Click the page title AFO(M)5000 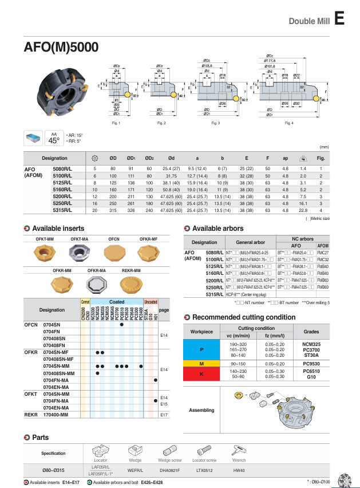(x=61, y=47)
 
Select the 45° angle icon (x=54, y=138)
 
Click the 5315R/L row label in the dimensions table (x=62, y=210)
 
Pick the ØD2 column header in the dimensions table (x=149, y=158)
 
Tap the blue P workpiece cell (x=201, y=349)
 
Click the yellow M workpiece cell (x=201, y=363)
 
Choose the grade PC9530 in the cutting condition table (x=311, y=363)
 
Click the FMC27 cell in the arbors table (x=322, y=252)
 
